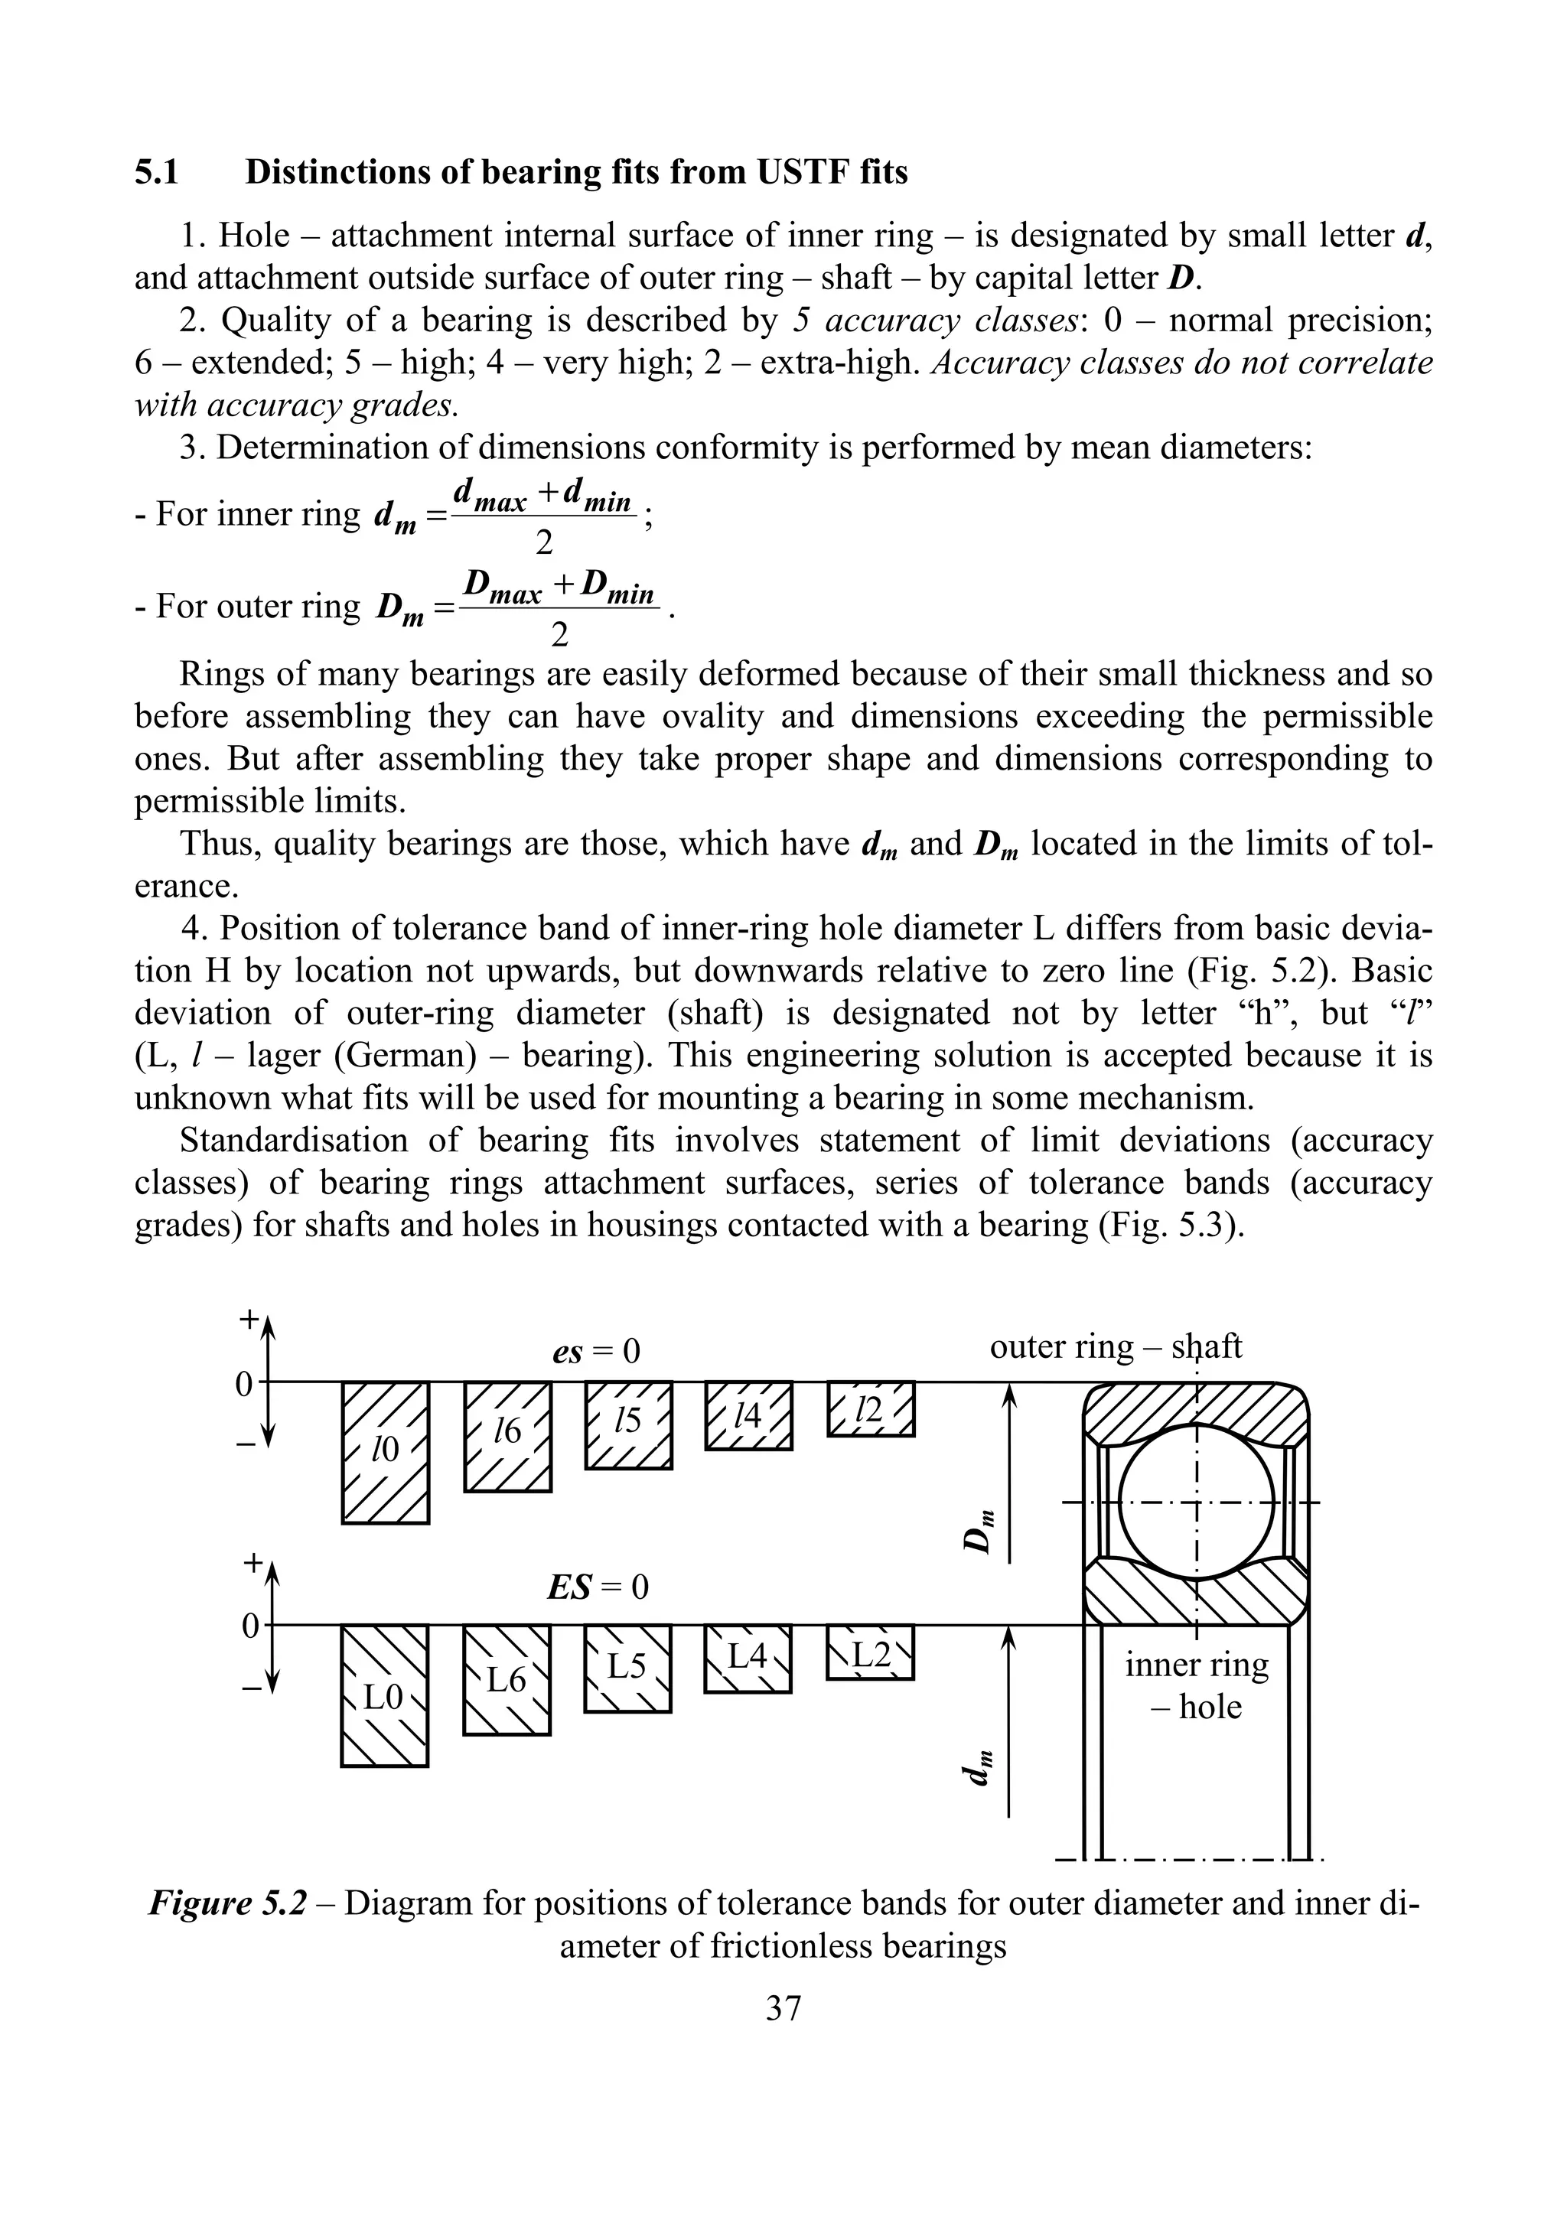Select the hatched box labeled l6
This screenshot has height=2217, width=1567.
coord(508,1437)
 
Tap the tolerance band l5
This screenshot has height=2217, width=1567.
coord(628,1425)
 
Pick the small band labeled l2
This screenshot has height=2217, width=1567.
coord(870,1409)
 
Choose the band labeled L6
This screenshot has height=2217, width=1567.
coord(507,1680)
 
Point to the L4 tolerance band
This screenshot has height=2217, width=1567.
coord(748,1659)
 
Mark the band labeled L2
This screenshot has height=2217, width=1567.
coord(870,1653)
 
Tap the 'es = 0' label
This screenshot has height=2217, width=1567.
coord(596,1351)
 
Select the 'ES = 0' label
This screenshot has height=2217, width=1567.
coord(597,1587)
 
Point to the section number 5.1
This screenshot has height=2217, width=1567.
coord(156,172)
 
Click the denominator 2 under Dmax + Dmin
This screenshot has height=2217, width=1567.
coord(559,634)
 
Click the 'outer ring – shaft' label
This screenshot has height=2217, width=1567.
coord(1115,1346)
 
